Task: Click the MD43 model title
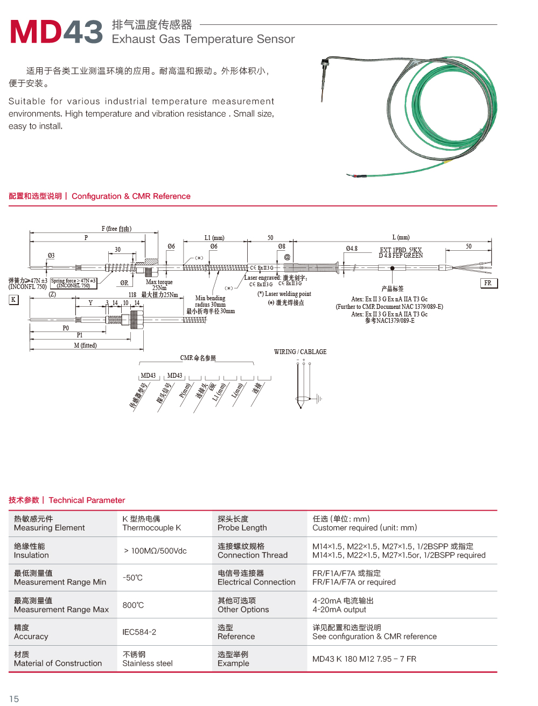tap(56, 32)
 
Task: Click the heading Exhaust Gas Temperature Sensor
tap(203, 39)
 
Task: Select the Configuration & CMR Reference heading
tap(131, 196)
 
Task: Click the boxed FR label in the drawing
tap(488, 283)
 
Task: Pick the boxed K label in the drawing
tap(13, 300)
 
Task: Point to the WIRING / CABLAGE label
tap(300, 352)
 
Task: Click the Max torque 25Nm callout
tap(159, 285)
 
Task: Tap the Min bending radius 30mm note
tap(211, 301)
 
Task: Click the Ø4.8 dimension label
tap(352, 249)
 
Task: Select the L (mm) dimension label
tap(401, 237)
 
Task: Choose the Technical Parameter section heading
tap(87, 500)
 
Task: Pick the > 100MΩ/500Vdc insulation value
tap(155, 551)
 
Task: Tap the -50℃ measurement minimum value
tap(132, 578)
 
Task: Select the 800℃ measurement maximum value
tap(133, 605)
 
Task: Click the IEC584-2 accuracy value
tap(139, 632)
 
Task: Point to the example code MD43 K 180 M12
tap(364, 659)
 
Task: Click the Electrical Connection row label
tap(256, 582)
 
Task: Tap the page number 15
tap(14, 699)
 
